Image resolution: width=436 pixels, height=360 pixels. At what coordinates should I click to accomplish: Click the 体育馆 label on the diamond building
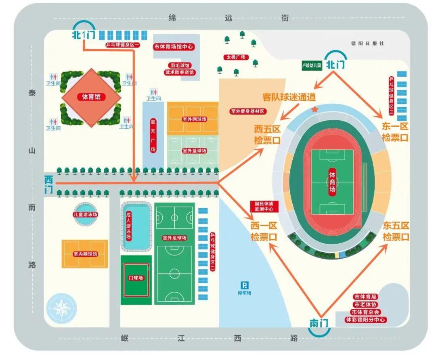click(91, 97)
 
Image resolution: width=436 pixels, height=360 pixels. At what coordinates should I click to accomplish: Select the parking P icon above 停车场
click(244, 285)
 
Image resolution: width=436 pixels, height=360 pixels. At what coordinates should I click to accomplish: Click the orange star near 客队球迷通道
click(315, 109)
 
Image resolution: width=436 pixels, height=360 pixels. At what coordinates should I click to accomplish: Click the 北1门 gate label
click(84, 35)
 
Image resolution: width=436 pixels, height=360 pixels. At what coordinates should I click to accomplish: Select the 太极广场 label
click(237, 57)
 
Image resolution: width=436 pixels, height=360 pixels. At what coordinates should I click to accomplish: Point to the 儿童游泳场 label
click(86, 214)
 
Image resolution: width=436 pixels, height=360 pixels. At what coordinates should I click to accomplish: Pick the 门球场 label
click(136, 278)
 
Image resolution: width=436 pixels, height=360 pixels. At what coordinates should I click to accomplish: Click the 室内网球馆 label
click(85, 255)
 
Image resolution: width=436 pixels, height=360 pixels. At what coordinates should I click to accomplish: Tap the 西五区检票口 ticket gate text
click(267, 135)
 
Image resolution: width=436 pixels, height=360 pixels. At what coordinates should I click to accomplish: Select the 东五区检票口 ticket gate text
click(396, 231)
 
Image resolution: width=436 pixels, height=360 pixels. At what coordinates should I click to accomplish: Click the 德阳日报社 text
click(368, 43)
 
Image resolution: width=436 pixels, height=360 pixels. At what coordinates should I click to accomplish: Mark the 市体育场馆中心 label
click(174, 47)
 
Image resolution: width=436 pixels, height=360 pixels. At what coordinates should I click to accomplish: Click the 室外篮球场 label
click(194, 151)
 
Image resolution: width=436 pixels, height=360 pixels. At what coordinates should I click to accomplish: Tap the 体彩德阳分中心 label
click(365, 320)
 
